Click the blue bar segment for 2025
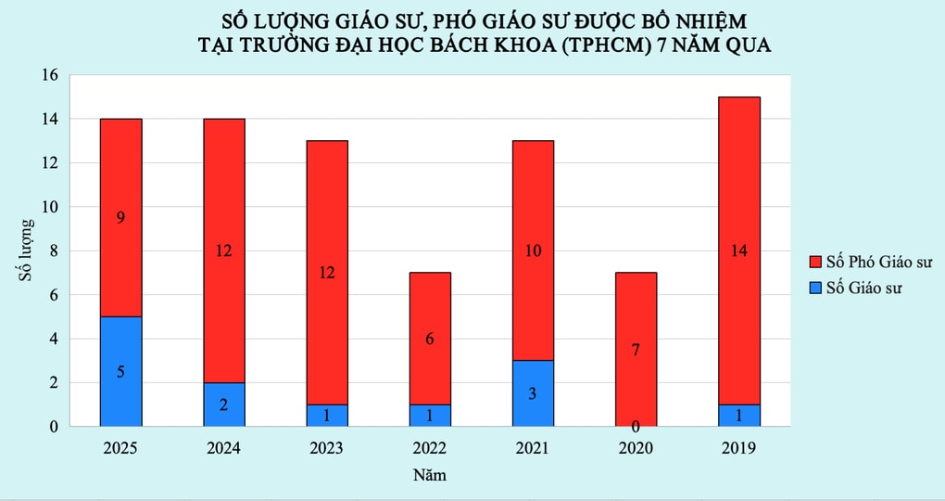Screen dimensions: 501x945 [120, 371]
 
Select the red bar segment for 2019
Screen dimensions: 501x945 [738, 250]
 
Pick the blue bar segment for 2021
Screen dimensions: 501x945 [533, 393]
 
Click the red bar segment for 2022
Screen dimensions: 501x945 [430, 338]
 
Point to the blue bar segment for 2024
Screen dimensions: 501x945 [223, 405]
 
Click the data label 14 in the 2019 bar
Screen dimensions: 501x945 [738, 251]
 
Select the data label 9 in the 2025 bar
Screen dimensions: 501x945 [120, 219]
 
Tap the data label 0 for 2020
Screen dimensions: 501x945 [636, 426]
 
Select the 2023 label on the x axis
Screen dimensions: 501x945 [326, 448]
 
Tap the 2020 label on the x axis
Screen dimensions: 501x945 [636, 448]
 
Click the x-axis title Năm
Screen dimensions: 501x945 [429, 476]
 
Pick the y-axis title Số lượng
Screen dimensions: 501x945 [27, 250]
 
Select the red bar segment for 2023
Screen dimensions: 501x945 [326, 272]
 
